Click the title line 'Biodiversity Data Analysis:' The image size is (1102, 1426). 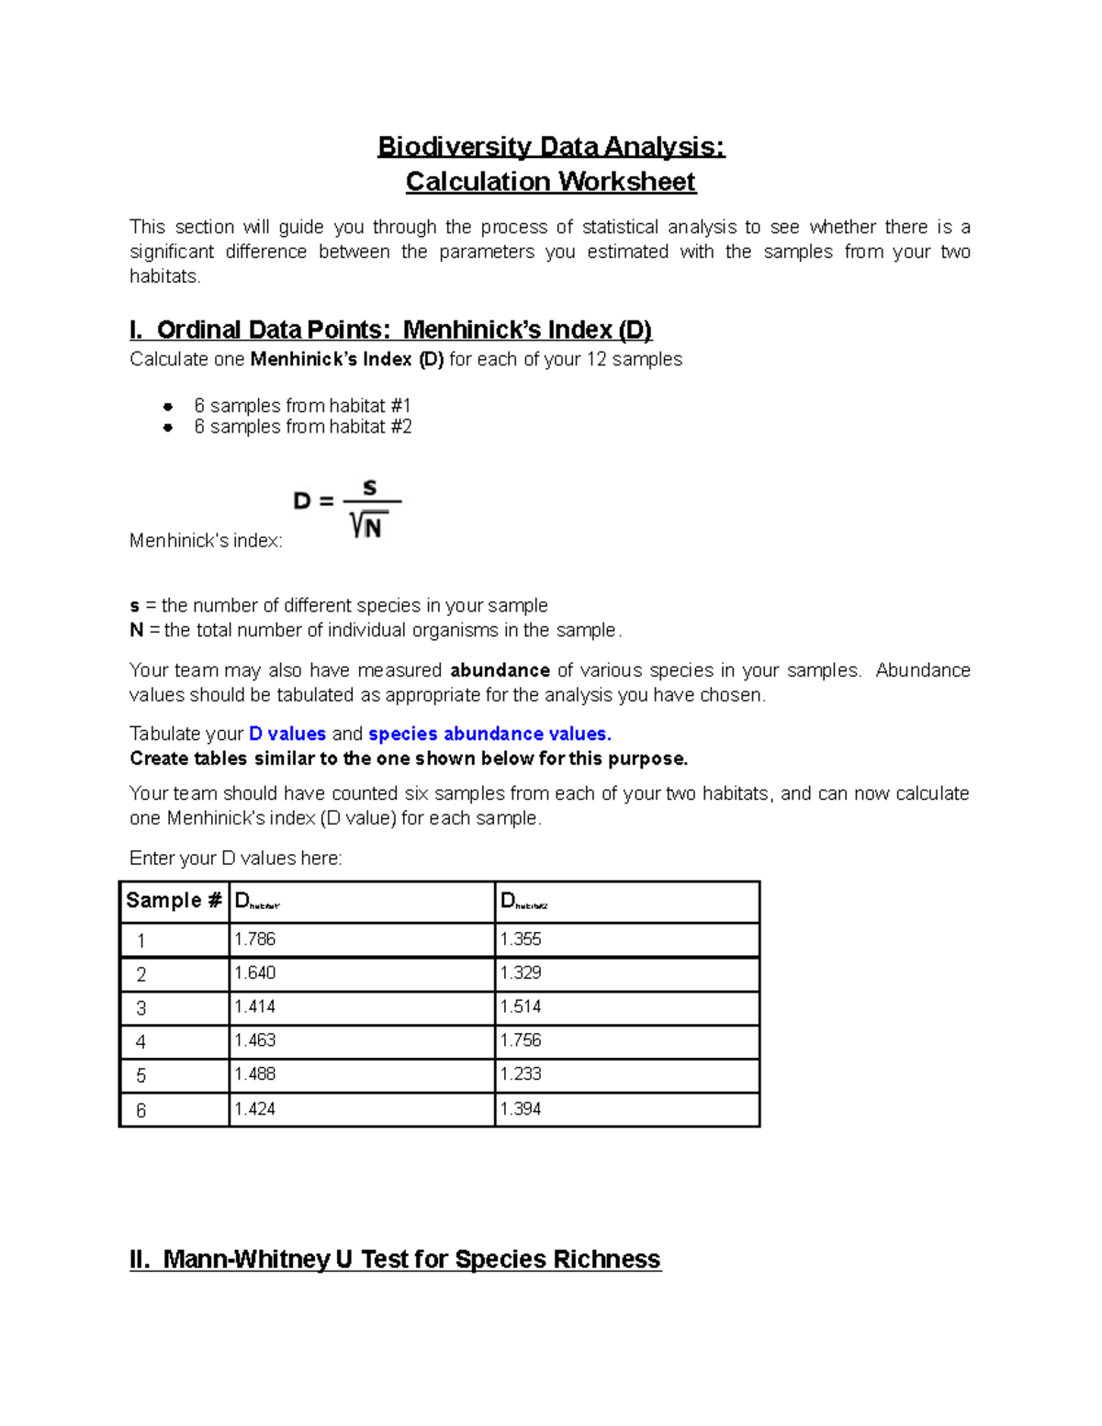551,147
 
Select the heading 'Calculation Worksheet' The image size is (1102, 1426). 551,182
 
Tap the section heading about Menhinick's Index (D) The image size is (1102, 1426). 390,330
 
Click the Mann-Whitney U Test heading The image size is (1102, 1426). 395,1259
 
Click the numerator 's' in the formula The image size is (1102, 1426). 370,487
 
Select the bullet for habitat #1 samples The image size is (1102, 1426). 168,406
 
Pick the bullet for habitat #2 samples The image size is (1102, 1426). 168,427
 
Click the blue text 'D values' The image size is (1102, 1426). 287,734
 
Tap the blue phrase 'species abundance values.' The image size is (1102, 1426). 489,734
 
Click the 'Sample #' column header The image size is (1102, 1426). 174,901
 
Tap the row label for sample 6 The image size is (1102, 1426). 141,1111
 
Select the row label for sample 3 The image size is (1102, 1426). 141,1009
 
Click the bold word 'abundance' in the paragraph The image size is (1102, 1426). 500,670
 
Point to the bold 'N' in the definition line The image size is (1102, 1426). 137,631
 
